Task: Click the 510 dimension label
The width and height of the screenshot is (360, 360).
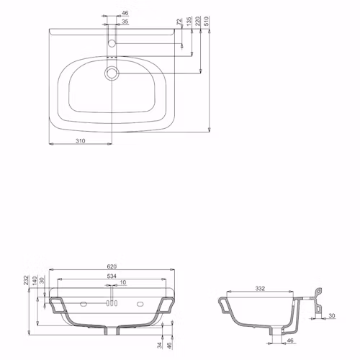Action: tap(207, 21)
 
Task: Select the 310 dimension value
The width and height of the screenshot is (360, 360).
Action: tap(81, 141)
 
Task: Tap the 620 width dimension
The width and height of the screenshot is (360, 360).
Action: tap(112, 266)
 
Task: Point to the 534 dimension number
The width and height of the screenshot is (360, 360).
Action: tap(112, 276)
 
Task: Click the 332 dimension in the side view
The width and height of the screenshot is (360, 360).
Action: tap(260, 288)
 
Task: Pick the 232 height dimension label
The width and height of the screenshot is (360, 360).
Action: tap(26, 280)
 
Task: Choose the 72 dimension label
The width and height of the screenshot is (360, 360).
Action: tap(179, 22)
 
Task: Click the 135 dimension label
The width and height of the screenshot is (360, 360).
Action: tap(189, 21)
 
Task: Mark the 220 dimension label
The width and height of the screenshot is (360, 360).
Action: tap(198, 21)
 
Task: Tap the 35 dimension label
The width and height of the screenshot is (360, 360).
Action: tap(125, 22)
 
